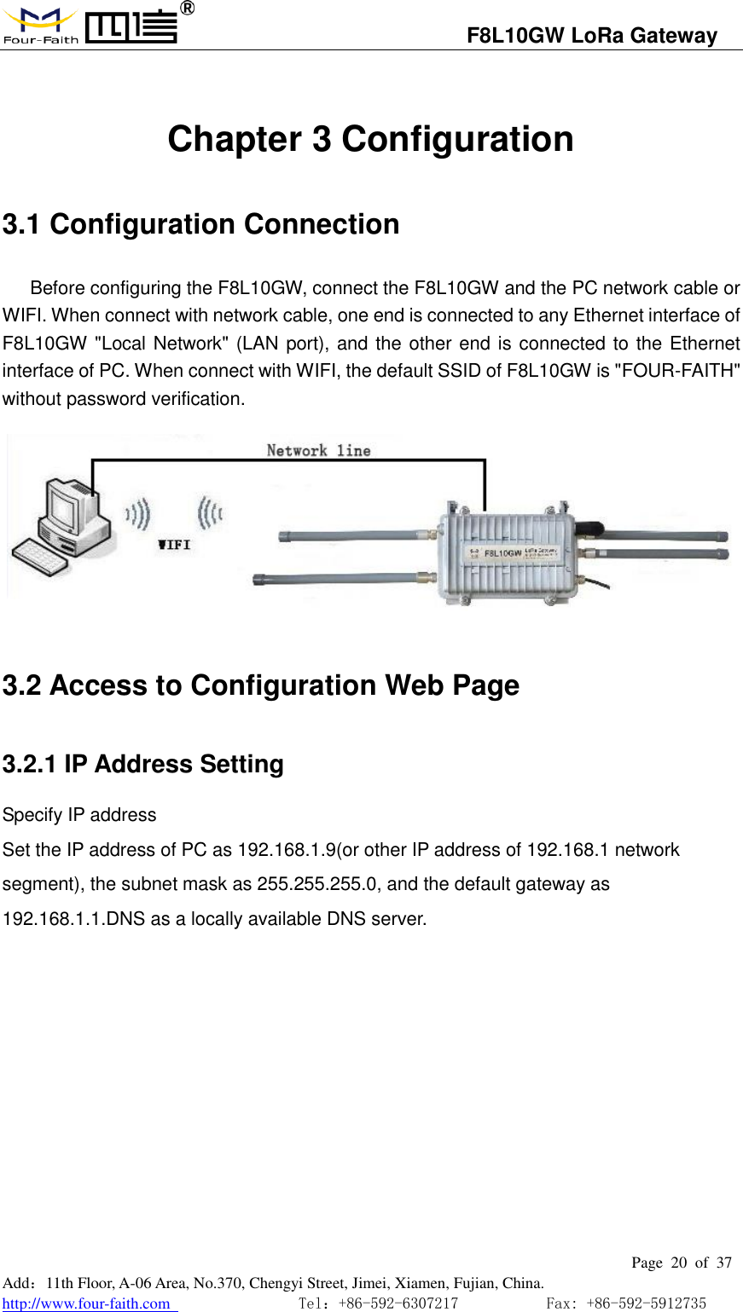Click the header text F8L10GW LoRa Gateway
591,36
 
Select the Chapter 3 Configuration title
370,139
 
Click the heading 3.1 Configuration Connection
200,224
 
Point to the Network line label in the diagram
318,450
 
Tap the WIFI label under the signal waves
174,545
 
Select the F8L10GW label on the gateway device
502,552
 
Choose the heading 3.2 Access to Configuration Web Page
260,685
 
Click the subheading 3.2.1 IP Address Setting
142,764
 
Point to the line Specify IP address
79,815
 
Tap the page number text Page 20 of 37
681,1263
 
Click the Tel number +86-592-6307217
398,1303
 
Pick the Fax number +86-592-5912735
646,1303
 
